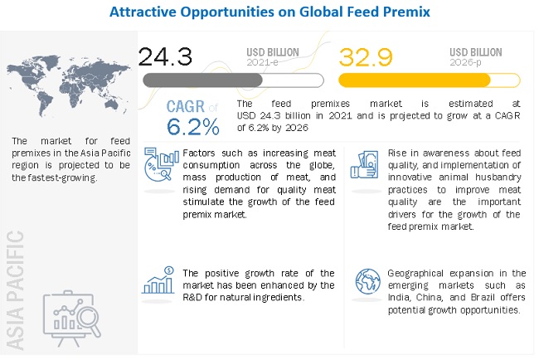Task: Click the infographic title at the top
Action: point(269,12)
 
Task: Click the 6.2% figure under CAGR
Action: point(192,126)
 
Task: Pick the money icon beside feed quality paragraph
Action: point(366,163)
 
